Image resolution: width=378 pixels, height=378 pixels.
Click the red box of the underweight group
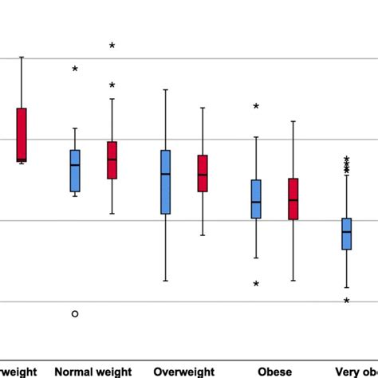tap(22, 134)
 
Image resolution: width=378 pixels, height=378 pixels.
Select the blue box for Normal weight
tap(75, 171)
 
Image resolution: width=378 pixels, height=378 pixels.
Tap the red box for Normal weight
tap(112, 160)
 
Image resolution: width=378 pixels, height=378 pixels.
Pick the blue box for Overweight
tap(166, 182)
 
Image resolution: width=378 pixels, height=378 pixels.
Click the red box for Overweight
tap(203, 173)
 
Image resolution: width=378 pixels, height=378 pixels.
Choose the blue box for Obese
tap(256, 199)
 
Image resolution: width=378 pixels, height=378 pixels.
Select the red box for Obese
tap(293, 199)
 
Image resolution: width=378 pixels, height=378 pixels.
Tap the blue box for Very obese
tap(347, 234)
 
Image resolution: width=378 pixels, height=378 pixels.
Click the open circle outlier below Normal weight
tap(75, 314)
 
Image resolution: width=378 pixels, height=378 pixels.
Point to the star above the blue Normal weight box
tap(75, 69)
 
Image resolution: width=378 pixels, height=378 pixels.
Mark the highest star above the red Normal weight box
tap(112, 46)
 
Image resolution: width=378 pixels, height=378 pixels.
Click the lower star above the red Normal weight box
tap(112, 85)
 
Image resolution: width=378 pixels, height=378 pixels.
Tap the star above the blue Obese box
tap(256, 106)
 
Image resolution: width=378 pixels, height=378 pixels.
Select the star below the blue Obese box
tap(256, 284)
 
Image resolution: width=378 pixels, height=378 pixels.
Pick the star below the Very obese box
tap(347, 301)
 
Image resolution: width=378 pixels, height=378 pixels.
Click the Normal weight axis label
tap(93, 372)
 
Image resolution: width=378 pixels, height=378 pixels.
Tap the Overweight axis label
tap(184, 372)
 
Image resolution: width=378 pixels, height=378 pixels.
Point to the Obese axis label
tap(274, 372)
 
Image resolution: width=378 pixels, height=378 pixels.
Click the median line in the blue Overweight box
tap(166, 174)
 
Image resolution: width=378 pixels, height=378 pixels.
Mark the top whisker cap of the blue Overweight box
tap(166, 89)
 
